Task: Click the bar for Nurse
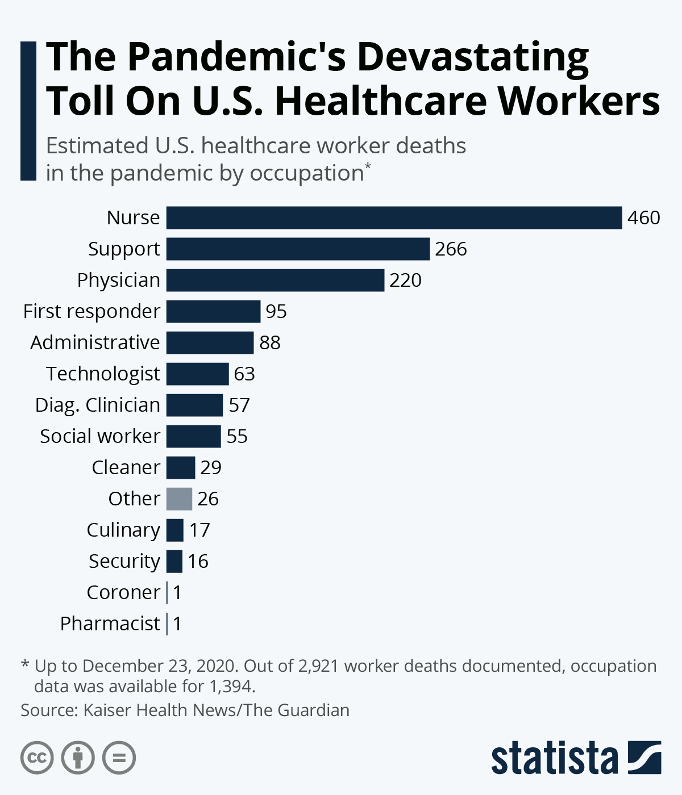pos(394,218)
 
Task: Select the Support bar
pos(298,249)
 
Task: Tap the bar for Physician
pos(275,281)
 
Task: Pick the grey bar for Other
pos(179,499)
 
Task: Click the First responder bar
pos(213,312)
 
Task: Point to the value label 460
pos(643,218)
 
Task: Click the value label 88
pos(270,343)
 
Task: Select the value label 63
pos(244,374)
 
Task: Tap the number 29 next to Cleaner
pos(211,468)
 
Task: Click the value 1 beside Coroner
pos(177,593)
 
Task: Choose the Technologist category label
pos(103,374)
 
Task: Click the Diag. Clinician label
pos(98,405)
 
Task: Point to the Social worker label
pos(100,437)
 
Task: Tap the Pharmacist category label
pos(110,624)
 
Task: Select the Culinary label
pos(123,530)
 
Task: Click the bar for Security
pos(174,562)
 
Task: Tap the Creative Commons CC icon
pos(37,758)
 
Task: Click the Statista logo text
pos(554,758)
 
